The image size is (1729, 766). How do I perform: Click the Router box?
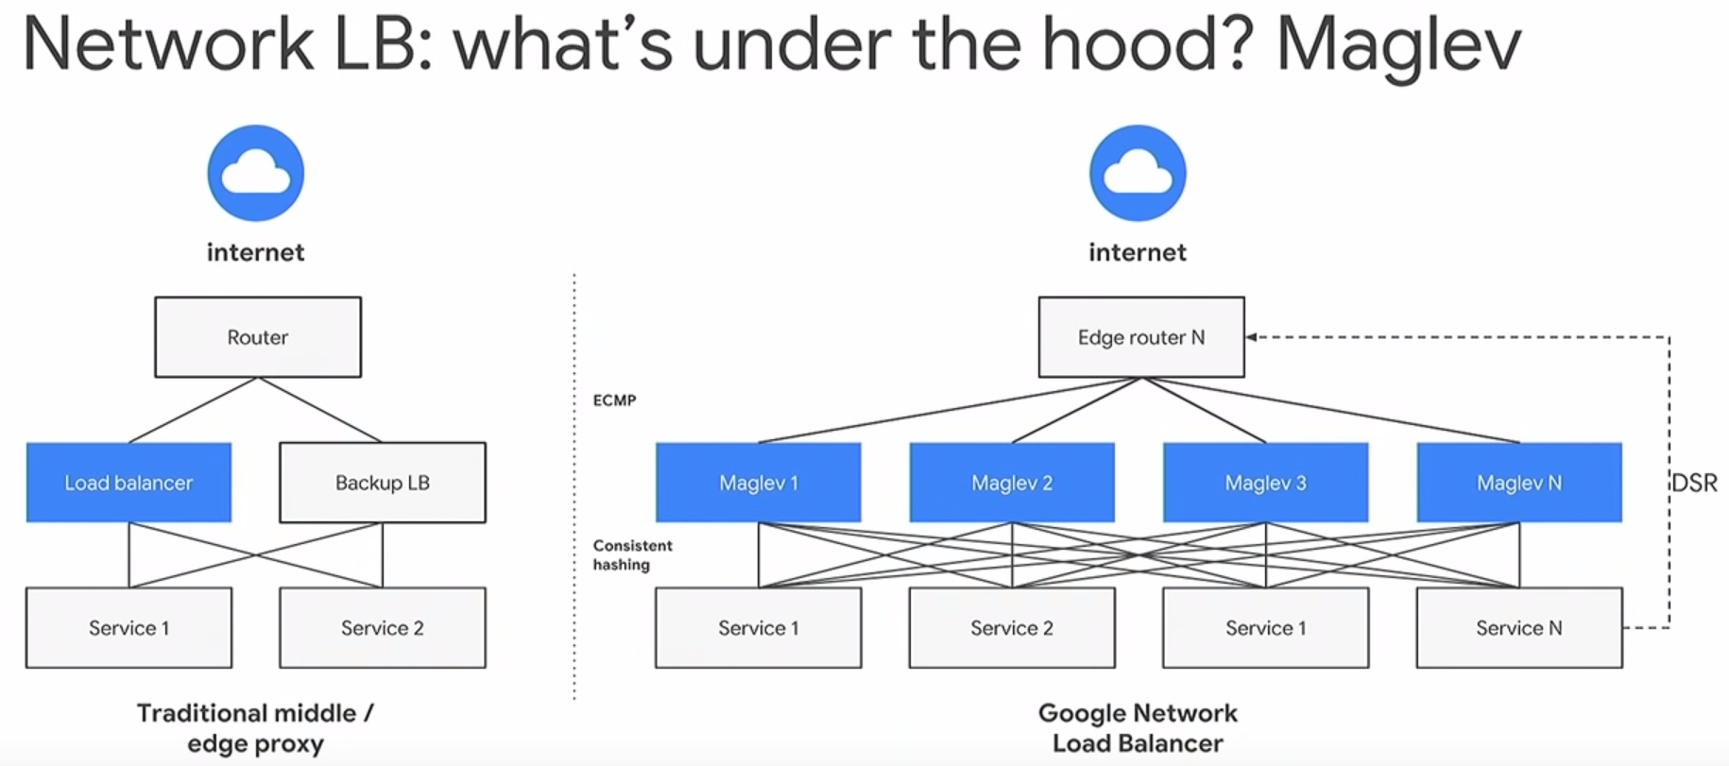257,337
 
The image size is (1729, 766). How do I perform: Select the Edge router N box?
1140,337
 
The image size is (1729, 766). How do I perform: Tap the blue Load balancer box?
128,483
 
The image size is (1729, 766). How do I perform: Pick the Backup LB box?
382,483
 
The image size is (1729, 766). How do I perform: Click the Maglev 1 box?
758,483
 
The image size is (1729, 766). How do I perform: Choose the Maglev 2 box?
1011,483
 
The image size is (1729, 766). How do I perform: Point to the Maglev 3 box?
1265,483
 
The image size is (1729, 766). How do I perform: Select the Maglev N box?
1518,483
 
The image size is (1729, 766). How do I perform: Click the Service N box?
1518,628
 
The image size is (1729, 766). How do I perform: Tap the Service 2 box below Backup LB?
382,628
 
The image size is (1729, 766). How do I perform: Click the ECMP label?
614,400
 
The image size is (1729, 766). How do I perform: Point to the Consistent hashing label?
632,555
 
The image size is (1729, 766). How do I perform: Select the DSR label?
1694,484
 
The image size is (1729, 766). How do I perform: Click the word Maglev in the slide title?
1398,45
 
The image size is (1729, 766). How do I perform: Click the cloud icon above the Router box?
255,174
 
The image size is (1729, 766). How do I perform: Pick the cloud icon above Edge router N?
1137,174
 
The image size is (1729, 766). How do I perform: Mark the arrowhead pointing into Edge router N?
1251,337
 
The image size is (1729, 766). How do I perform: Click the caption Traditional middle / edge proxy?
255,728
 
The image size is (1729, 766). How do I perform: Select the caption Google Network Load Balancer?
1137,728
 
